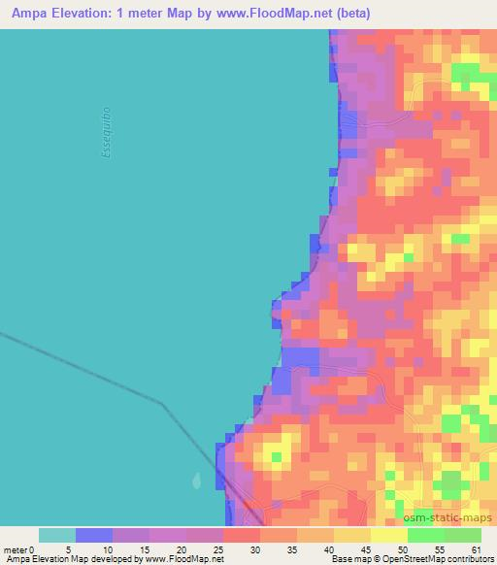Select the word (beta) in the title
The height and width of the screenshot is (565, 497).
point(361,14)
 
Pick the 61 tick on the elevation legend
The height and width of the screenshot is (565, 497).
point(475,549)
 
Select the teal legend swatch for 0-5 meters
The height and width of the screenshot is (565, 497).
point(57,535)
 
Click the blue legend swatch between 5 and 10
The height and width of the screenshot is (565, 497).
point(94,535)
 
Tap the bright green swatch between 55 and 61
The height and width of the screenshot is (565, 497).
point(463,535)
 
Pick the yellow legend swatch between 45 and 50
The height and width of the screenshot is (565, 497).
point(389,535)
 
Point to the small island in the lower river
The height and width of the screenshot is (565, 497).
point(198,481)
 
